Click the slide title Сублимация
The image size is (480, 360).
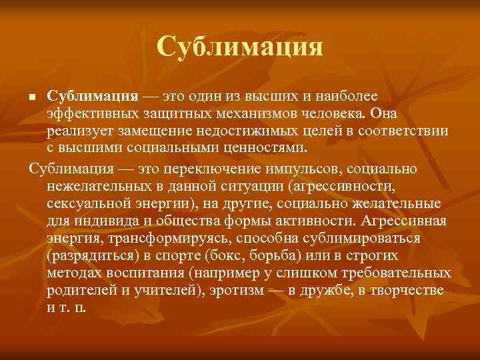pyautogui.click(x=240, y=47)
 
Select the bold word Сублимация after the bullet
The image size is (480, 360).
pyautogui.click(x=92, y=97)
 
